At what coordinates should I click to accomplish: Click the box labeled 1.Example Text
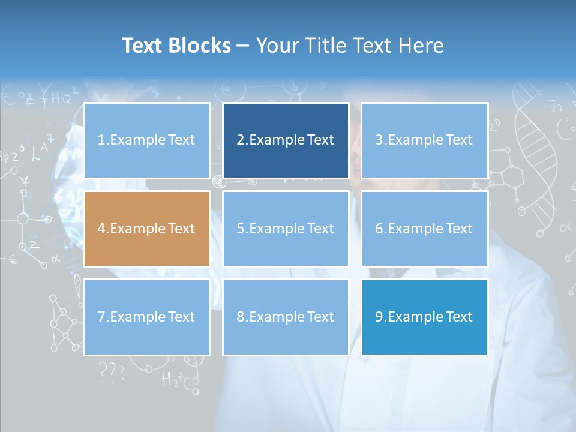click(146, 140)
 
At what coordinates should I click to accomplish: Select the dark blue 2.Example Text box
click(286, 140)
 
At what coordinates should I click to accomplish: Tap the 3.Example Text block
click(424, 140)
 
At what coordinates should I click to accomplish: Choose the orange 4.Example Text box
click(146, 229)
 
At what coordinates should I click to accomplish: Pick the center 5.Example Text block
click(286, 229)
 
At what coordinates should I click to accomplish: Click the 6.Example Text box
click(424, 229)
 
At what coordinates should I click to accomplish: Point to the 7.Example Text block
click(146, 317)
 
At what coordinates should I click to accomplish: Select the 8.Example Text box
click(286, 317)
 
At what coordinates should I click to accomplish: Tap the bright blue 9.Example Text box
click(424, 317)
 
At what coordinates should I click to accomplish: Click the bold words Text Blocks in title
click(176, 46)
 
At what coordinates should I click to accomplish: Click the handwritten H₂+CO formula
click(179, 379)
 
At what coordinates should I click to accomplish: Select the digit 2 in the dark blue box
click(241, 140)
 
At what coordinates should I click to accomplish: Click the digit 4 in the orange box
click(101, 229)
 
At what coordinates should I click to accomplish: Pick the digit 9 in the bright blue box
click(379, 317)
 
